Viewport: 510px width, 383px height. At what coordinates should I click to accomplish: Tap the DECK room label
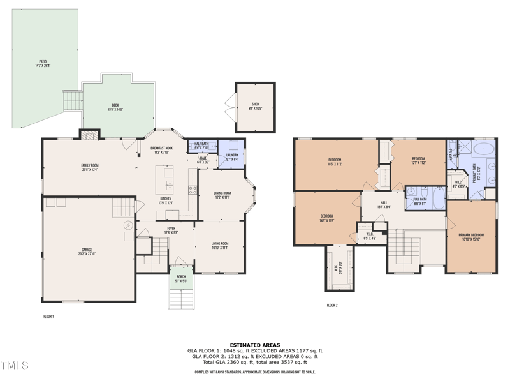[x=115, y=106]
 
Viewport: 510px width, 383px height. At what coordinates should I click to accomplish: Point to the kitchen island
[x=169, y=179]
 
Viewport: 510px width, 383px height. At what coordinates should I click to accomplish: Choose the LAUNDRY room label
[x=232, y=156]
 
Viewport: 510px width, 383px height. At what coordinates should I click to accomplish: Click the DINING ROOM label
[x=222, y=194]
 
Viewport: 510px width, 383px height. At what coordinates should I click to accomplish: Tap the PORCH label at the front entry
[x=181, y=276]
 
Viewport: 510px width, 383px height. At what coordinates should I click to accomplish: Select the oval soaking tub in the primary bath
[x=486, y=149]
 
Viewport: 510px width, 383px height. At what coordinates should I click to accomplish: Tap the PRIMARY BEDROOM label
[x=471, y=236]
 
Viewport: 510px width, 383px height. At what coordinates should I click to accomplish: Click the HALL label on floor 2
[x=384, y=202]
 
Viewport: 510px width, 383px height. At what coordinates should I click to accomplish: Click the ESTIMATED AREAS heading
[x=255, y=345]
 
